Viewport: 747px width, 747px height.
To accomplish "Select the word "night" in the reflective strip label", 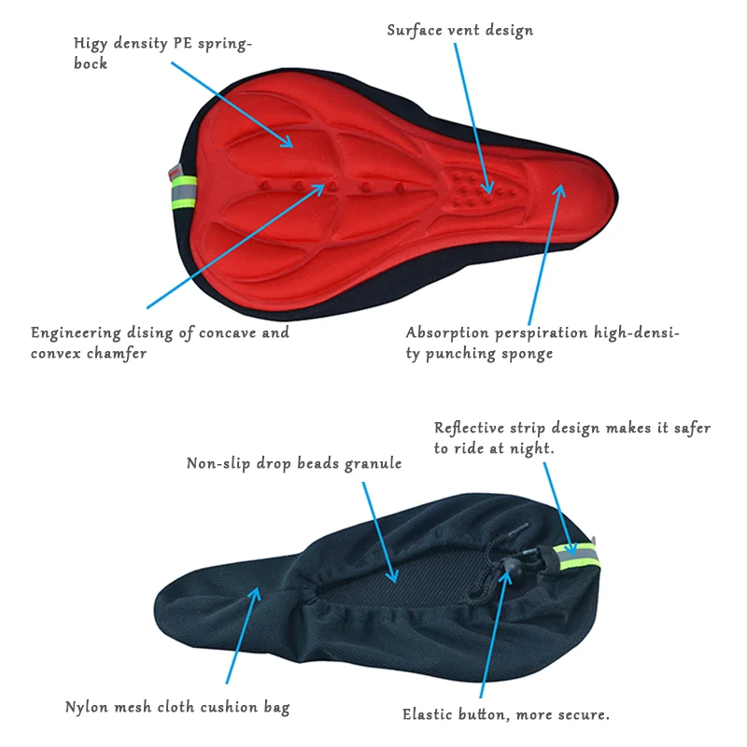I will click(533, 448).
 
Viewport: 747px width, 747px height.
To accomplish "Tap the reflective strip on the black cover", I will click(579, 557).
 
